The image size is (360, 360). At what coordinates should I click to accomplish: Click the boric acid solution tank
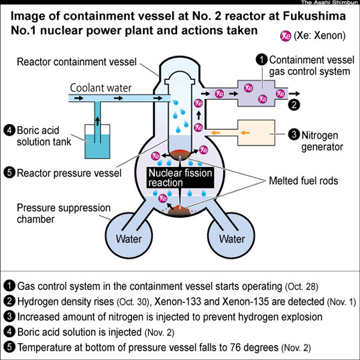pos(97,141)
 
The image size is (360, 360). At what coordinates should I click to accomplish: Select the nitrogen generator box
pos(256,133)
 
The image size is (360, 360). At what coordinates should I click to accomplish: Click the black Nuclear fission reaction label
pos(180,178)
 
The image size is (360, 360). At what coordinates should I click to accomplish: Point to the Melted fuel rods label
pos(304,181)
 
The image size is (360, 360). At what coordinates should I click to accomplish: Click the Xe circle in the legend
pos(286,36)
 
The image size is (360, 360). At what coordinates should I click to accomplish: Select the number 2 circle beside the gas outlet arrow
pos(294,105)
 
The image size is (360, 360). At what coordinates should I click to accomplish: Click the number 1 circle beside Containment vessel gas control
pos(261,60)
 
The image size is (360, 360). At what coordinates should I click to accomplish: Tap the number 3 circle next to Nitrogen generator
pos(294,135)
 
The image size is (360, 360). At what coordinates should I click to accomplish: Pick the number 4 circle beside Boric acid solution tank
pos(9,131)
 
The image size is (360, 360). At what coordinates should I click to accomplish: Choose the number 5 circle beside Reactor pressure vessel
pos(9,173)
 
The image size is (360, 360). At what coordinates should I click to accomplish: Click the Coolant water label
pos(101,88)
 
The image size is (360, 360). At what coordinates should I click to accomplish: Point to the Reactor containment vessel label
pos(76,62)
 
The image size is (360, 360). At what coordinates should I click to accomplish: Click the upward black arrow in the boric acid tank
pos(98,121)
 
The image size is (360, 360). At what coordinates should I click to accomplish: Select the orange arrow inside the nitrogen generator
pos(245,133)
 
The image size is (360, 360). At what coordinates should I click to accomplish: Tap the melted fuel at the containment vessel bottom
pos(180,211)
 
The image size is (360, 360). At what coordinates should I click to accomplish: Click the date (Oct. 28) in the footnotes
pos(302,287)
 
